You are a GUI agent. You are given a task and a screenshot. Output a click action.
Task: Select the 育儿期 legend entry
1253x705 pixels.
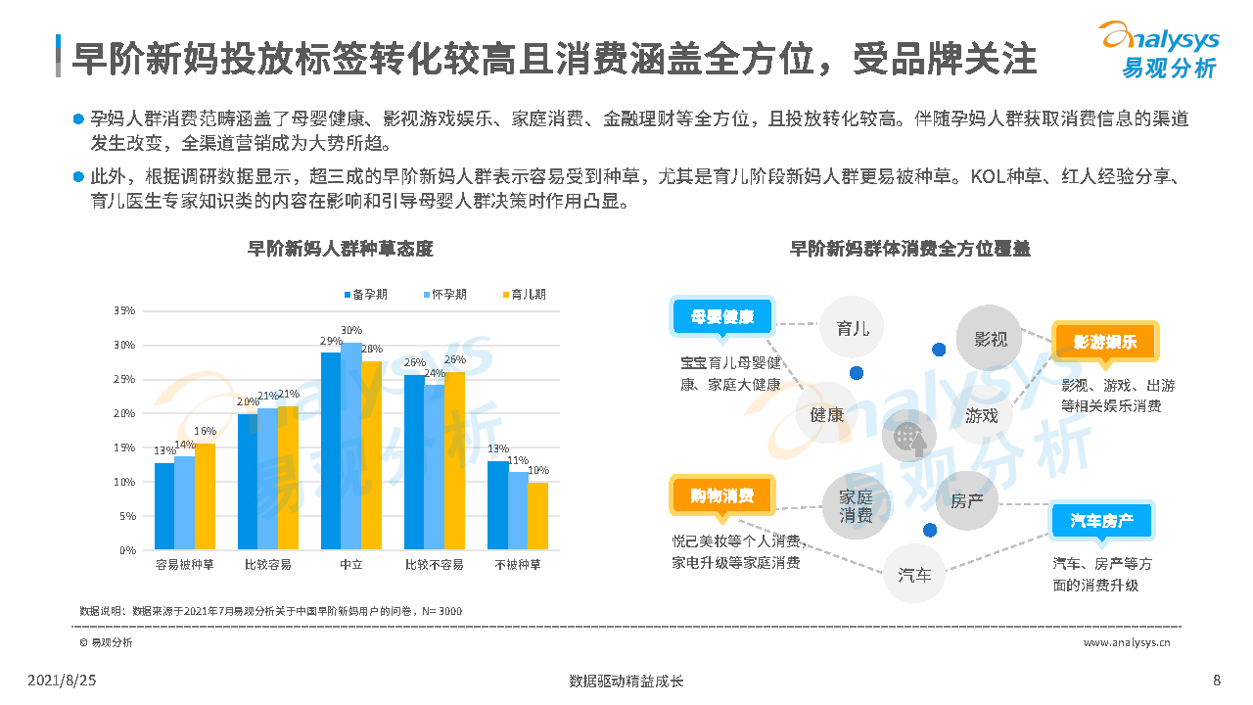(x=523, y=294)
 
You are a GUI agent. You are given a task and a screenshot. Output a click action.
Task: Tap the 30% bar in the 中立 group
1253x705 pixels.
(x=350, y=446)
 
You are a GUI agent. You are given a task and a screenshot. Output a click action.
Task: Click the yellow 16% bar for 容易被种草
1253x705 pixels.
(x=205, y=496)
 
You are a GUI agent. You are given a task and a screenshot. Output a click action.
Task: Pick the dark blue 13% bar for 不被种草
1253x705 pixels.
(x=497, y=505)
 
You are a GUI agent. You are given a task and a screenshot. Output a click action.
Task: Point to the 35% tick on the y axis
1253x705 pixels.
(x=125, y=310)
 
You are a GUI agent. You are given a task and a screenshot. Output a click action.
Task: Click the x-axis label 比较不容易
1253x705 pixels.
(x=434, y=565)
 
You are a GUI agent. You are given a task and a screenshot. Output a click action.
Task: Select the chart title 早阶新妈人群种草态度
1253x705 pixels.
(x=340, y=249)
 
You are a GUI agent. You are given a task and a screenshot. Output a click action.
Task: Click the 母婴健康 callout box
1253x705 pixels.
(x=722, y=317)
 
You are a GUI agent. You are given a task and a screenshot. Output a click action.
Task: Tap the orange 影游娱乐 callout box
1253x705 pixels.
(x=1104, y=343)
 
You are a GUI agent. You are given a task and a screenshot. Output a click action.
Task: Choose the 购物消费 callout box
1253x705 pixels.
(x=721, y=495)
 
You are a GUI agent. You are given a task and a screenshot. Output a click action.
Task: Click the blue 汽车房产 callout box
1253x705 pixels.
(x=1102, y=521)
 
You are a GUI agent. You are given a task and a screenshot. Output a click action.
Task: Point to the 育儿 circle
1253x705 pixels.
(x=853, y=329)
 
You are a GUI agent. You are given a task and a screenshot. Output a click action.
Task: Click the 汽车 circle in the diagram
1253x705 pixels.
(x=915, y=575)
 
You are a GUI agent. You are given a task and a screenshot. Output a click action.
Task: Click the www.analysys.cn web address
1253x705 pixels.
(x=1126, y=642)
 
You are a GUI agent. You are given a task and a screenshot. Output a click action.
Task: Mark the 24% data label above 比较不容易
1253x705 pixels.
(x=434, y=374)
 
